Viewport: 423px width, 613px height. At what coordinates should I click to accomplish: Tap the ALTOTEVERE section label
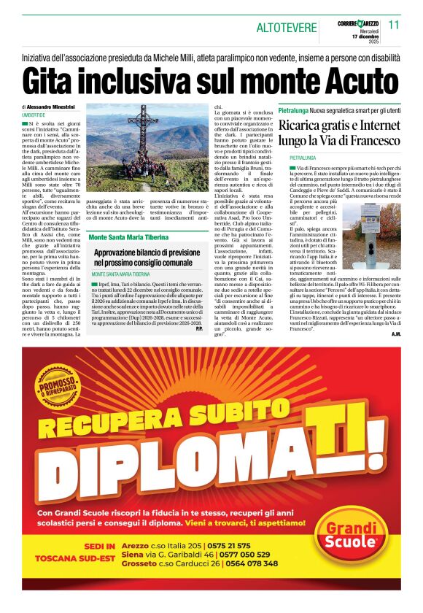click(286, 28)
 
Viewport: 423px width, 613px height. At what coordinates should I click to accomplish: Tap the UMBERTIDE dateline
click(34, 115)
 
